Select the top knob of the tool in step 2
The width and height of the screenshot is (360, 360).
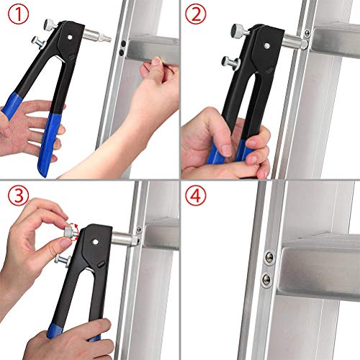pos(236,31)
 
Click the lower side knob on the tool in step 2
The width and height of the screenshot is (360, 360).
pos(229,61)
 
